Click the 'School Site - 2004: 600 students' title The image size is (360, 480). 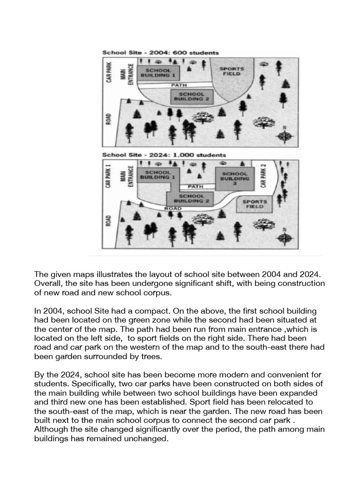[160, 53]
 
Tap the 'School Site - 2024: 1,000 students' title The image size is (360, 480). [164, 155]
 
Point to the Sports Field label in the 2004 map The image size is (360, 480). [232, 71]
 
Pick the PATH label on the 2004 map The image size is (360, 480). [179, 85]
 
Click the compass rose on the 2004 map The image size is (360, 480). [284, 135]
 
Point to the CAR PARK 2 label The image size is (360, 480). [263, 175]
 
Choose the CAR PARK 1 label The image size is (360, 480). [108, 175]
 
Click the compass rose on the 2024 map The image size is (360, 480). [284, 238]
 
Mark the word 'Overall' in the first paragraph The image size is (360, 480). [46, 284]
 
